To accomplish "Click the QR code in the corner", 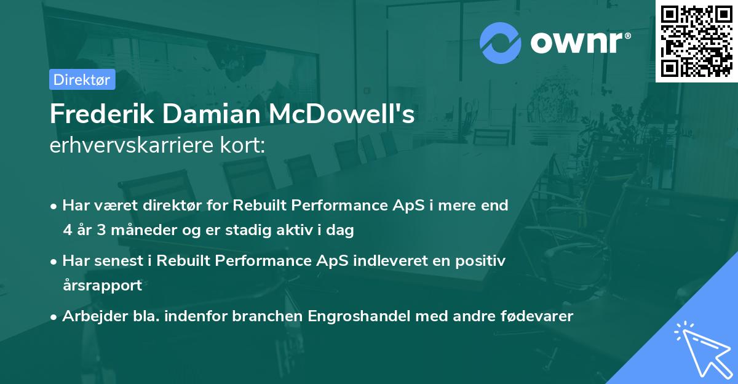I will (x=697, y=41).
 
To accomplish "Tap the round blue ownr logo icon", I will (x=501, y=42).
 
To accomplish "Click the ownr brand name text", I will (x=579, y=43).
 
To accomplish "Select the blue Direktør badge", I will (x=82, y=79).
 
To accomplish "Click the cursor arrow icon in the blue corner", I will (x=701, y=348).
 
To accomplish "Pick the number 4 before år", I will (x=67, y=230).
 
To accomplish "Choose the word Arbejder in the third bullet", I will (x=90, y=316).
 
